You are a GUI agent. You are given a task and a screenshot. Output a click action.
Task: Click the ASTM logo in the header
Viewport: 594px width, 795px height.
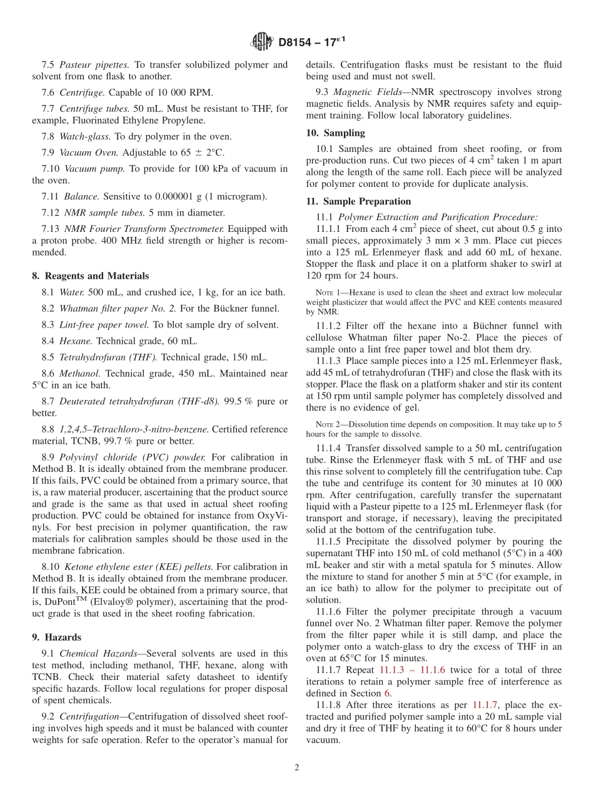coord(262,42)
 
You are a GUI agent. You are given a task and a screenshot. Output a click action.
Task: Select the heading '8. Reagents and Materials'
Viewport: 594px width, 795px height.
coord(90,276)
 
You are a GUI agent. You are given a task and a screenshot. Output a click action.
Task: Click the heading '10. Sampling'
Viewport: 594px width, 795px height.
coord(335,133)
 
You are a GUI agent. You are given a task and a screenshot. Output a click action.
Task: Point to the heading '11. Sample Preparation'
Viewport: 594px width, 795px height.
coord(358,201)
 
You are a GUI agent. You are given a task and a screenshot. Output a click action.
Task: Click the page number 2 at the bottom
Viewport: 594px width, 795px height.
coord(297,767)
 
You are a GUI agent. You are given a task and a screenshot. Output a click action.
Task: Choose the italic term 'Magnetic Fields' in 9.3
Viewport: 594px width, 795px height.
coord(363,92)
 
